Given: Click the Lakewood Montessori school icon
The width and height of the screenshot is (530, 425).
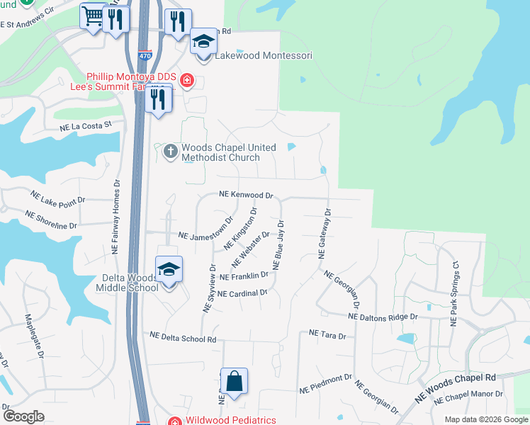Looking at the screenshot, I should (203, 41).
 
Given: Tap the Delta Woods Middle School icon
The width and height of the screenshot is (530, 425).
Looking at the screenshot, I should (169, 269).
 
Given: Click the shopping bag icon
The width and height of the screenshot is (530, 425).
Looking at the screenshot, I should (234, 382).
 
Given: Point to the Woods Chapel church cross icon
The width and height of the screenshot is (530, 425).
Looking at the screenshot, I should (171, 151).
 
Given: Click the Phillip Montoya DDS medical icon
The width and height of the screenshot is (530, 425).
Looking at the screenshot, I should (187, 80).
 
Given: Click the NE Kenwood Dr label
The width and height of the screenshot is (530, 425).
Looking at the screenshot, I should (246, 194).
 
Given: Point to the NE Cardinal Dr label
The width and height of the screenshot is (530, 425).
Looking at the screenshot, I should (242, 293).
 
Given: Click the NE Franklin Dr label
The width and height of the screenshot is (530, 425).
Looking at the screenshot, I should (244, 276).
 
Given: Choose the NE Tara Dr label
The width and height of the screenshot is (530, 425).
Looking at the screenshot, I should (327, 334).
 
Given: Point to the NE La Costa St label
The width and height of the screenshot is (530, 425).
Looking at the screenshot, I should (86, 125).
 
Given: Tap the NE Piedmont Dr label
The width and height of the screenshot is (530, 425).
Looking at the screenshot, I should (325, 384).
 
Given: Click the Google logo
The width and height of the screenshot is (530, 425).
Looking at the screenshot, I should (24, 416).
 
